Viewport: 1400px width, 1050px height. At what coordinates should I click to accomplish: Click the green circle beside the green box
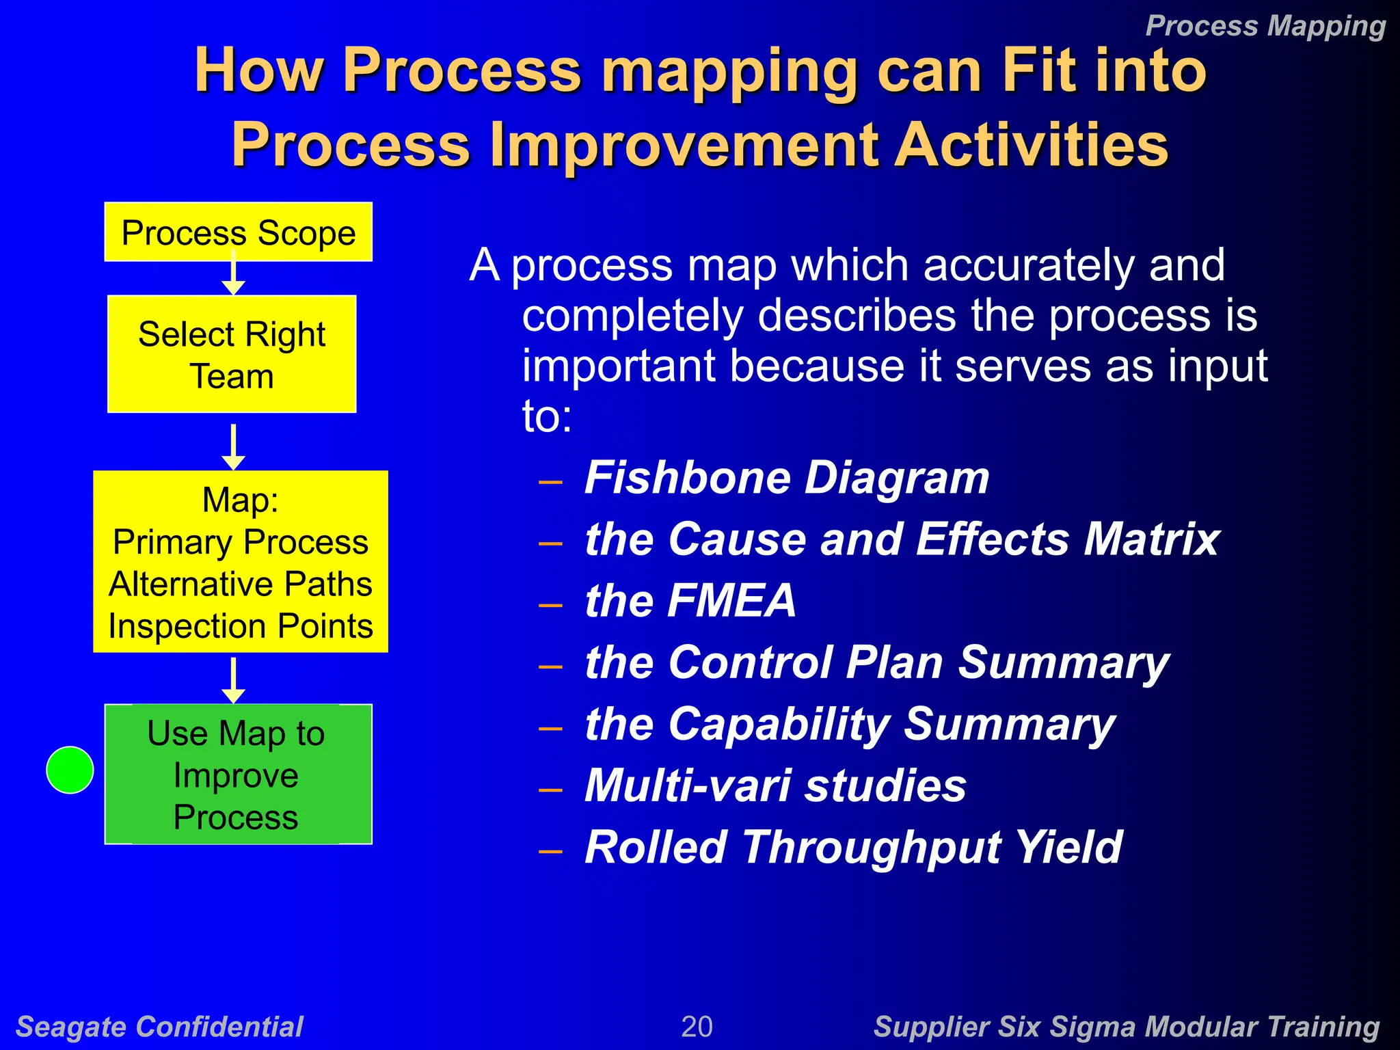(x=70, y=770)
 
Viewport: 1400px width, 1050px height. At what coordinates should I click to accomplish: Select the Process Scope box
(x=238, y=232)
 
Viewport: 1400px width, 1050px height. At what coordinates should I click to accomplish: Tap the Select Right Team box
(x=232, y=354)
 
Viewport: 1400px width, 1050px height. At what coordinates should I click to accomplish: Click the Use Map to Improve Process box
(x=238, y=775)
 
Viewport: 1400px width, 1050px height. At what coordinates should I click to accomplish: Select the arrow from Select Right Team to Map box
(x=234, y=448)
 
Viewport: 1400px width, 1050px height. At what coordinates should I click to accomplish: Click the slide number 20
(x=697, y=1027)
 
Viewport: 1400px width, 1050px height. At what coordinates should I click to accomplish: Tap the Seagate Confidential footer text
(x=159, y=1027)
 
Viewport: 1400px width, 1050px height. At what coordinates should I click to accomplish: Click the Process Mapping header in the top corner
(x=1265, y=26)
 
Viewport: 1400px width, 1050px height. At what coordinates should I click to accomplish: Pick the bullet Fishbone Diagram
(x=786, y=477)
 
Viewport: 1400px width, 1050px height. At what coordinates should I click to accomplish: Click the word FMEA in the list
(x=731, y=601)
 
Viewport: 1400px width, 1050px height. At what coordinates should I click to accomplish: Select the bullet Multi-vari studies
(x=775, y=785)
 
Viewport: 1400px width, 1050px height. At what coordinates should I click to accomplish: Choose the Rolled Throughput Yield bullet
(x=852, y=847)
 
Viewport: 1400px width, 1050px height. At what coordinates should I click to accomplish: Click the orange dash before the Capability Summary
(x=550, y=728)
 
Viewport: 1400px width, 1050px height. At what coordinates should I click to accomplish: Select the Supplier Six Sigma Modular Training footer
(x=1126, y=1027)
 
